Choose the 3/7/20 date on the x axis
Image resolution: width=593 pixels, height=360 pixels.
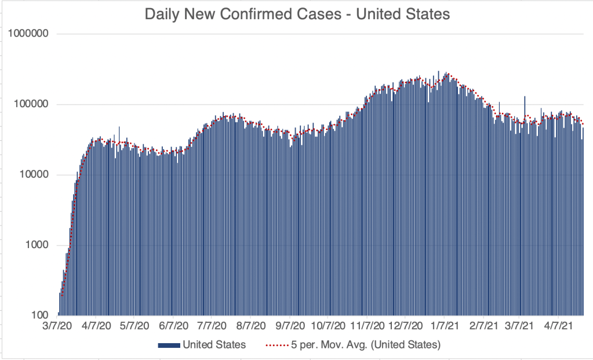(58, 327)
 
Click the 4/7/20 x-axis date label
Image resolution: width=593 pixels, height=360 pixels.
(97, 327)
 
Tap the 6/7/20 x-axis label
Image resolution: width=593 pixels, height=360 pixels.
(174, 327)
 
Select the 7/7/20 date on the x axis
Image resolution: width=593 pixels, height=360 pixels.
(212, 327)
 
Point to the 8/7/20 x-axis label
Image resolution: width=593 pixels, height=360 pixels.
(251, 327)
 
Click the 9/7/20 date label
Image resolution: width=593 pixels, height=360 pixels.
(290, 327)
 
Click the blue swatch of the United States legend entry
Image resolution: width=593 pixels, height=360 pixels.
(169, 346)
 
